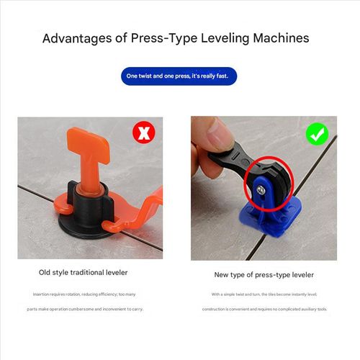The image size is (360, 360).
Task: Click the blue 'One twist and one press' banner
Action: pos(179,76)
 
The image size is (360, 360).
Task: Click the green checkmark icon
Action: pos(317,134)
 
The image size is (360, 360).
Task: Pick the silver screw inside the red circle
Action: pos(260,189)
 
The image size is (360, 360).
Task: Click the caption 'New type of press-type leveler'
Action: pos(264,274)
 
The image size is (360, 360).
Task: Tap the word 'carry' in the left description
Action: pos(135,309)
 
